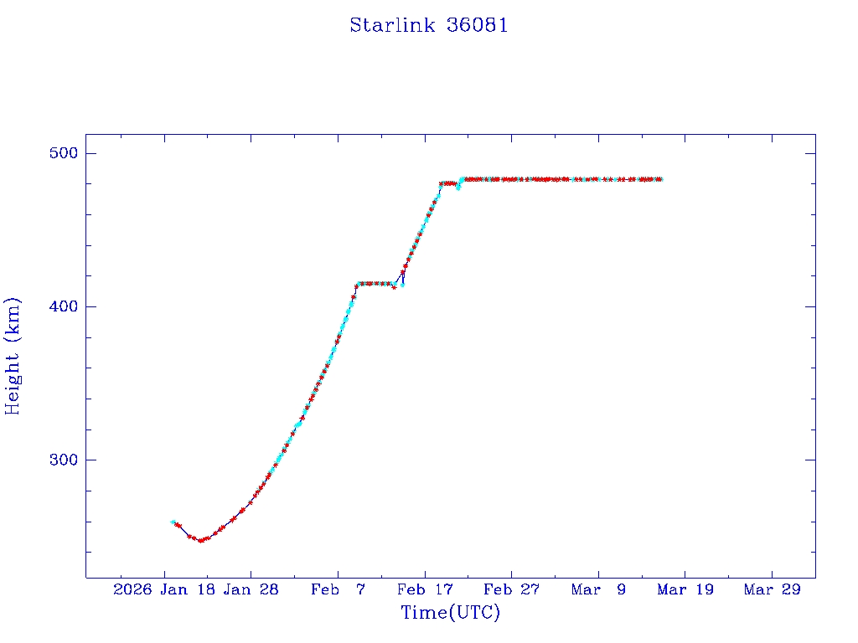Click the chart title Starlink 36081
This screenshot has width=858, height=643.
428,25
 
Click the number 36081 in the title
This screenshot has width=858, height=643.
478,25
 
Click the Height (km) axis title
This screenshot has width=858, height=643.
13,356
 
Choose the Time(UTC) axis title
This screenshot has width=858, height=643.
450,613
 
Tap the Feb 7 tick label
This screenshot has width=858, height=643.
337,589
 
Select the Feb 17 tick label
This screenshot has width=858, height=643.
424,589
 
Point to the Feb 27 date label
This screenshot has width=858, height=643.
511,589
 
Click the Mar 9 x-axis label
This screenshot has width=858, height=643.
598,589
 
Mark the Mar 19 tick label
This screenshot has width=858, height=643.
685,589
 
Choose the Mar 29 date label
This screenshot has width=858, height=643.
772,589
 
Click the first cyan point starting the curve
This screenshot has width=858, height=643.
173,522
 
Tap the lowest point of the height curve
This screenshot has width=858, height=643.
200,540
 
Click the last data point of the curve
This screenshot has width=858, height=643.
660,179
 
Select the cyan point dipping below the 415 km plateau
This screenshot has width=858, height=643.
402,285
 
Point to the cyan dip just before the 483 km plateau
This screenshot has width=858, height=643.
457,188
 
